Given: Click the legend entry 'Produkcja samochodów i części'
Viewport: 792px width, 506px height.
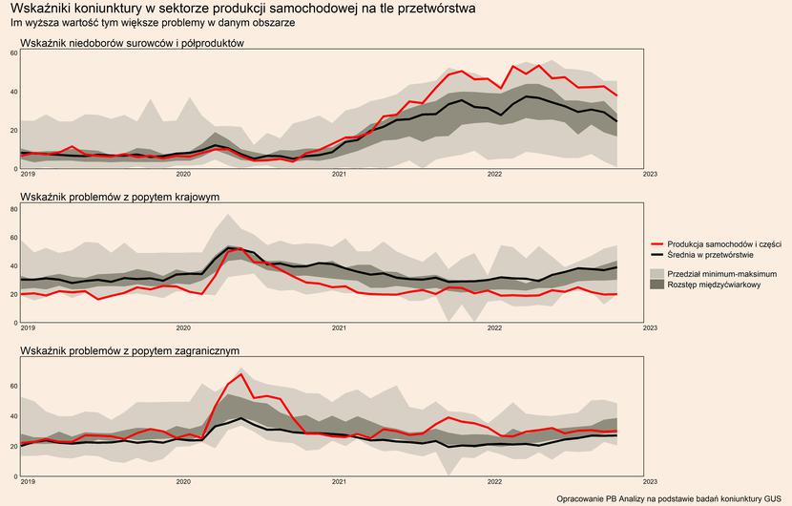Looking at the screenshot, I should (x=724, y=244).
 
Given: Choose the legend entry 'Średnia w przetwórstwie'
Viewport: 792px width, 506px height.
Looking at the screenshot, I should (x=711, y=255).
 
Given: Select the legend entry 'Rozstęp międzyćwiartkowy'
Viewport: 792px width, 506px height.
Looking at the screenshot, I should (x=714, y=285).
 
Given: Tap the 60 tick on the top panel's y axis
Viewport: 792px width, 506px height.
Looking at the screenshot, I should (x=14, y=53).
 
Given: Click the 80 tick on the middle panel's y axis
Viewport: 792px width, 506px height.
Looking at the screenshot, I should (x=14, y=207).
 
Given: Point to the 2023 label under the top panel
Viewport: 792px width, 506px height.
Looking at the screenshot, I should (x=650, y=175).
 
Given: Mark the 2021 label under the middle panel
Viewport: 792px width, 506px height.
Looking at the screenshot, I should (x=339, y=328).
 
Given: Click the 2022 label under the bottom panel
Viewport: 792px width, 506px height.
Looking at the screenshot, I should (x=494, y=482).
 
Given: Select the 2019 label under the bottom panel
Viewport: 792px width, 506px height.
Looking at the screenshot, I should (x=28, y=482).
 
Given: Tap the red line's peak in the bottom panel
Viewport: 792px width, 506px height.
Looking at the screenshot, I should (x=243, y=374).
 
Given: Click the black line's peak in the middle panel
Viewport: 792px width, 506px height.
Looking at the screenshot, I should (x=232, y=247).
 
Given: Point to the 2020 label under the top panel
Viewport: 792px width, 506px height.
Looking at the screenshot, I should (x=183, y=175).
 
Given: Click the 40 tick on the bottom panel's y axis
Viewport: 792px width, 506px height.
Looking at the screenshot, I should (x=14, y=416).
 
